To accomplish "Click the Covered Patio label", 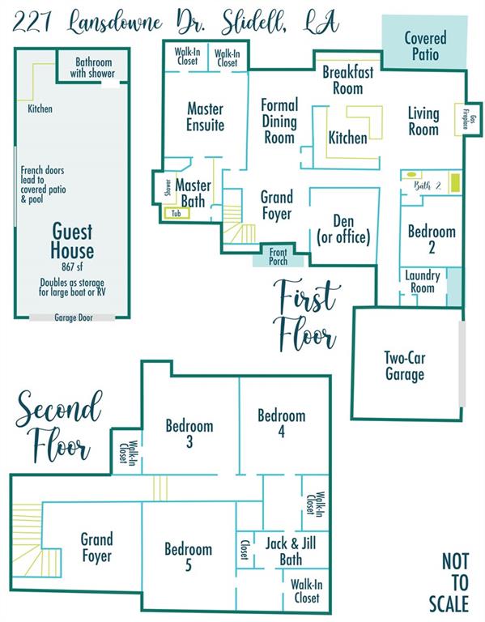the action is pyautogui.click(x=425, y=46).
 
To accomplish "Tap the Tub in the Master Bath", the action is pyautogui.click(x=177, y=214).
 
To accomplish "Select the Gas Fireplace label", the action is pyautogui.click(x=466, y=118).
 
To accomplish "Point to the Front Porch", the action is pyautogui.click(x=278, y=256).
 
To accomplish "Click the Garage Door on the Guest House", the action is pyautogui.click(x=73, y=317).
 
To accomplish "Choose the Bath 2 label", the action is pyautogui.click(x=427, y=185).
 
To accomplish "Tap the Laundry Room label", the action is pyautogui.click(x=422, y=281).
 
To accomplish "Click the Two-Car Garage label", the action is pyautogui.click(x=405, y=366).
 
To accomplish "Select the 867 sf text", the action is pyautogui.click(x=72, y=266).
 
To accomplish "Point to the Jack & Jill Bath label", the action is pyautogui.click(x=291, y=551).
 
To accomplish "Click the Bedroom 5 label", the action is pyautogui.click(x=189, y=556).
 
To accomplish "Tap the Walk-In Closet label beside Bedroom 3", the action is pyautogui.click(x=128, y=451).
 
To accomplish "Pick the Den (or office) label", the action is pyautogui.click(x=343, y=229).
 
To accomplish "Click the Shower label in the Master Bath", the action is pyautogui.click(x=168, y=188).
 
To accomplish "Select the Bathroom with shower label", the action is pyautogui.click(x=93, y=67).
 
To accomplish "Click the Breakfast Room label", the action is pyautogui.click(x=348, y=79).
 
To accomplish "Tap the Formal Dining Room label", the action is pyautogui.click(x=279, y=121).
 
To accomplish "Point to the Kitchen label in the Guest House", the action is pyautogui.click(x=40, y=109).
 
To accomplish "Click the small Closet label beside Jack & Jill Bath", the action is pyautogui.click(x=245, y=549).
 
